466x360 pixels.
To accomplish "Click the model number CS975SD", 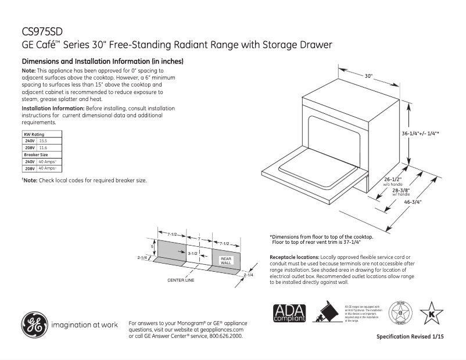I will click(x=42, y=32).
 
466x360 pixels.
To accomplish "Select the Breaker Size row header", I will click(x=35, y=154).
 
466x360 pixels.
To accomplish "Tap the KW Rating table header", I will click(x=34, y=134).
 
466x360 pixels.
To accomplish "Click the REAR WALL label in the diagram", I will click(x=225, y=261).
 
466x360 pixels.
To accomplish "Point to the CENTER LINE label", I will click(x=181, y=280).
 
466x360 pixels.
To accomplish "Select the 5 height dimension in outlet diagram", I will click(x=153, y=246).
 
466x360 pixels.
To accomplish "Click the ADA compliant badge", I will click(x=289, y=314).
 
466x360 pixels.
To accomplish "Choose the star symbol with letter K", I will click(x=431, y=314).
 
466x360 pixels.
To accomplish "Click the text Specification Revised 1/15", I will click(x=410, y=337).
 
